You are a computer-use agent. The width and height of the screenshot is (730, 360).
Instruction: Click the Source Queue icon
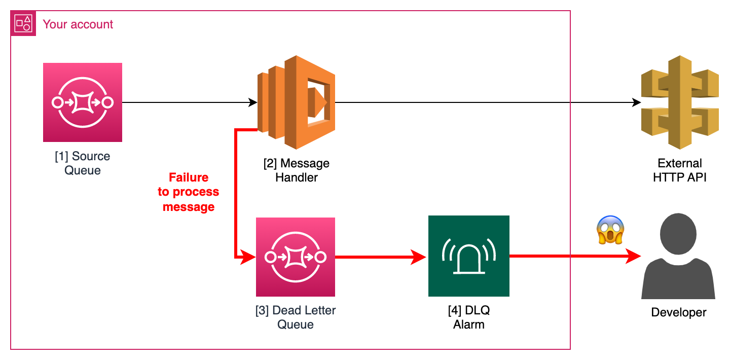[83, 102]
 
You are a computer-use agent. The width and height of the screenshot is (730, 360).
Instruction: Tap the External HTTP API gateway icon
[680, 102]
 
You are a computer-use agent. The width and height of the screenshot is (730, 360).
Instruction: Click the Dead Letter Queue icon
[296, 257]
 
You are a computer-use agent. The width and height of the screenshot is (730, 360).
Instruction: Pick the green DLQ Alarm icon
[468, 256]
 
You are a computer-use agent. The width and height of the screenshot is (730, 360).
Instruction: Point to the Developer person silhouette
[678, 259]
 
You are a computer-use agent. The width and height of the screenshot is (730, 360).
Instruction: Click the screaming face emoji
[610, 230]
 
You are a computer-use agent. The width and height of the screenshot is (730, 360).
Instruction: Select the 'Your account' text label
[78, 24]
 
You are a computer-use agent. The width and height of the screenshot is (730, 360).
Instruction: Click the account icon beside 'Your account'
[23, 23]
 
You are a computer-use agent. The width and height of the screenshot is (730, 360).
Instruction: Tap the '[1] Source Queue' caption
[83, 163]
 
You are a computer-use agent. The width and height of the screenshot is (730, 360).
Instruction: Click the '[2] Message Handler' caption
[297, 170]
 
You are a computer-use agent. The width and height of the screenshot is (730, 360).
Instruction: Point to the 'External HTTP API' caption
[679, 170]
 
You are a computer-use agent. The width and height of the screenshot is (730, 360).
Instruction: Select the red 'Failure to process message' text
[189, 192]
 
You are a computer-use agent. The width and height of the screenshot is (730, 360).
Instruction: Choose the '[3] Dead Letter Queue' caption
[296, 317]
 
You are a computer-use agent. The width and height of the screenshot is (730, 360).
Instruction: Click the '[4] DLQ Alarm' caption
[468, 317]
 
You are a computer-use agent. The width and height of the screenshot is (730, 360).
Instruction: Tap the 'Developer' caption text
[678, 312]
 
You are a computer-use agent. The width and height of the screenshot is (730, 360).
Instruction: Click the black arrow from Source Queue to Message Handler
[188, 102]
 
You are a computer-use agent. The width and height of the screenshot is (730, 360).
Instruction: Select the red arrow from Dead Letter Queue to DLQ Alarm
[380, 257]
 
